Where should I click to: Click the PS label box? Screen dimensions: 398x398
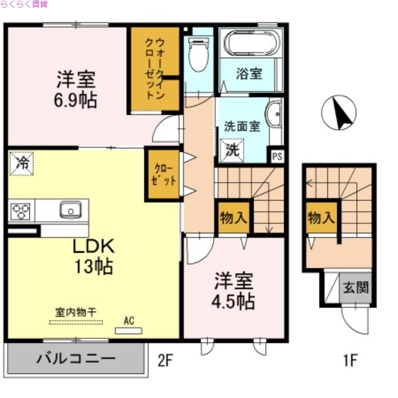(277, 156)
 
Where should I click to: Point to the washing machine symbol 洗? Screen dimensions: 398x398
(233, 150)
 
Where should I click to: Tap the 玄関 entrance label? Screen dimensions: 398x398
(355, 288)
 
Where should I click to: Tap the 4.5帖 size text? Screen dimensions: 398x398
(234, 301)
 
